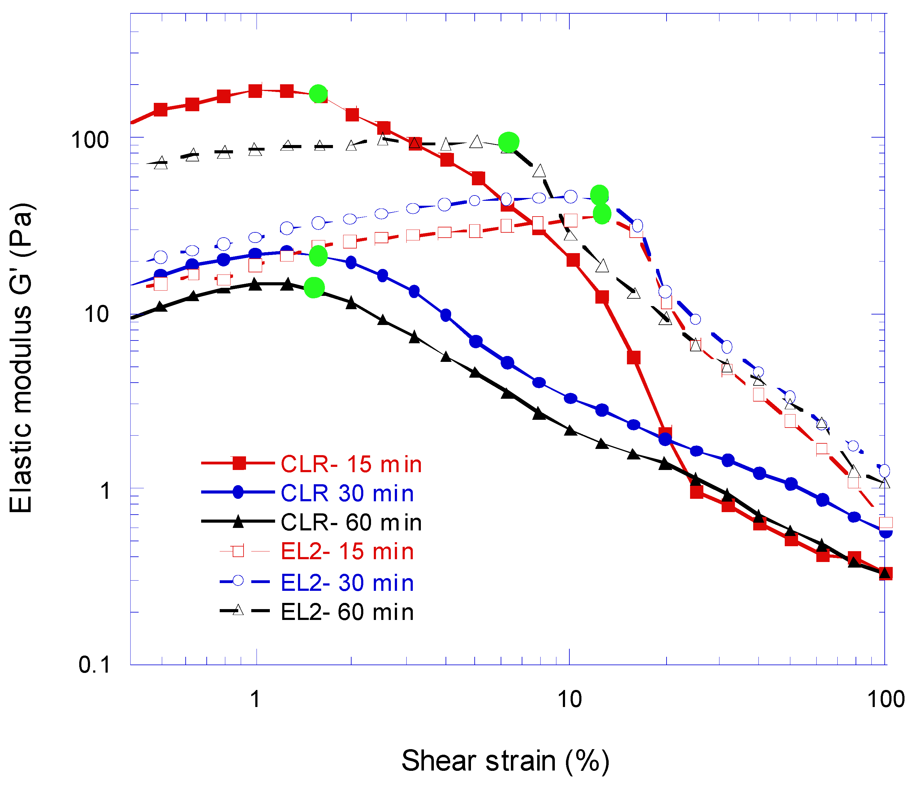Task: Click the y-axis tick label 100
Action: click(90, 140)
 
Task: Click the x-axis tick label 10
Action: click(569, 699)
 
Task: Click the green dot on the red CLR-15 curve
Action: click(318, 94)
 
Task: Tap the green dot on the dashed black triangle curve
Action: click(509, 142)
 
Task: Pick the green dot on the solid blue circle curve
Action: click(318, 256)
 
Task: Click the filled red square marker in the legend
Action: click(239, 463)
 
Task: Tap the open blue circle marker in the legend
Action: click(238, 581)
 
